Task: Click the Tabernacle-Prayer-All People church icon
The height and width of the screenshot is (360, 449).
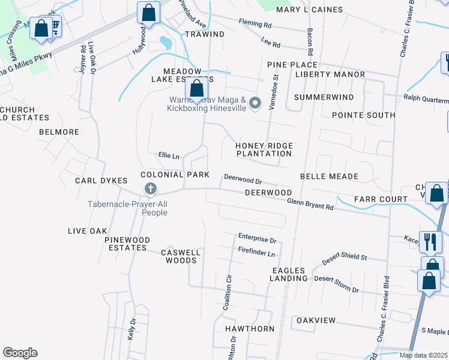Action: pyautogui.click(x=150, y=190)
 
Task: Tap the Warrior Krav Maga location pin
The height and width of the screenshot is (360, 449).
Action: pyautogui.click(x=255, y=104)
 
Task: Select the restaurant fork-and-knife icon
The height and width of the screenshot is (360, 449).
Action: pyautogui.click(x=430, y=241)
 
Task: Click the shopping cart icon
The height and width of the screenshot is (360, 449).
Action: pyautogui.click(x=54, y=26)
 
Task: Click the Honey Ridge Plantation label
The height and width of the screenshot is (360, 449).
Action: pyautogui.click(x=264, y=149)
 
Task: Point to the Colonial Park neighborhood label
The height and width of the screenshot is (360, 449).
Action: pyautogui.click(x=175, y=175)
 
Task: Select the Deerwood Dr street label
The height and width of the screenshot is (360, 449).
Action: pyautogui.click(x=243, y=179)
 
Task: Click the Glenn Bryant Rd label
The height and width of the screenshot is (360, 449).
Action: pyautogui.click(x=310, y=205)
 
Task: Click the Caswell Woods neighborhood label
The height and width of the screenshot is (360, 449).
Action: pyautogui.click(x=180, y=256)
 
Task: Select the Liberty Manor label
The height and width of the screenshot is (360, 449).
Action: pyautogui.click(x=330, y=74)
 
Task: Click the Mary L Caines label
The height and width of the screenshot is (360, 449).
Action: pyautogui.click(x=309, y=10)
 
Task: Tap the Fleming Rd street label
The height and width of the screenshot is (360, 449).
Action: pyautogui.click(x=255, y=25)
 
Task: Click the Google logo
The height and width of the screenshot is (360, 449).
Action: pyautogui.click(x=20, y=353)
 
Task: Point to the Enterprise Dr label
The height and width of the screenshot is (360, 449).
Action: pyautogui.click(x=256, y=236)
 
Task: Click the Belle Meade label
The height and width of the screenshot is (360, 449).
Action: pyautogui.click(x=328, y=176)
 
